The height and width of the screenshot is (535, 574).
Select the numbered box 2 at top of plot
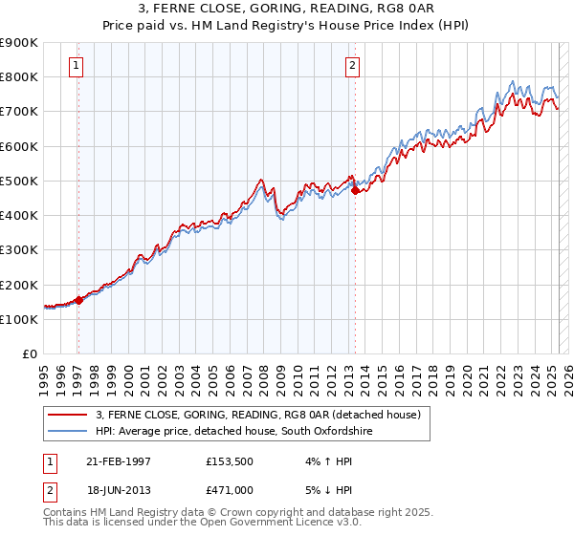353,66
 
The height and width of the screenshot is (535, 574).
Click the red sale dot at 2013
355,191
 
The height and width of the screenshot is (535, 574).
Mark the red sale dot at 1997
79,300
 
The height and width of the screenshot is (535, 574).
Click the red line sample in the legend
68,414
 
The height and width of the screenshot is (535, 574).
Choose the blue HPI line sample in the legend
68,431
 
